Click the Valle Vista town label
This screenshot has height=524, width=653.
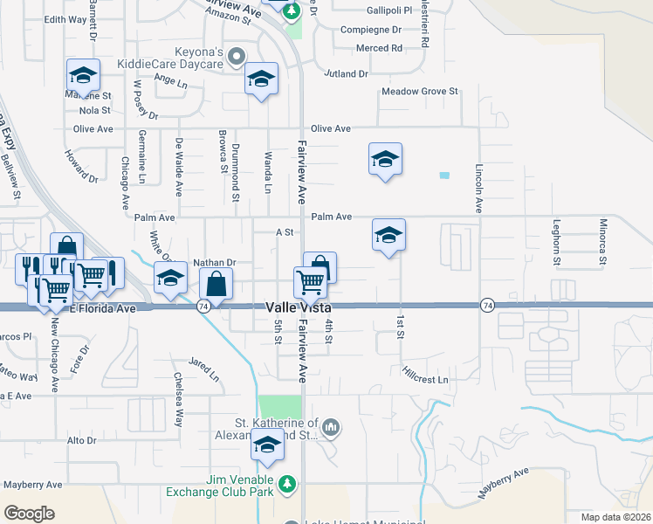click(x=297, y=308)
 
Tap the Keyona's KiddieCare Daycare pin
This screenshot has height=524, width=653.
click(x=237, y=58)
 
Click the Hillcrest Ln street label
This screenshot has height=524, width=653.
click(x=425, y=380)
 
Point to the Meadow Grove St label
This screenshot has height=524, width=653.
click(x=420, y=92)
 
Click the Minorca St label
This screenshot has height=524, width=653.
click(x=602, y=242)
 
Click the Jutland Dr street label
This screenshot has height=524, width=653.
click(x=347, y=74)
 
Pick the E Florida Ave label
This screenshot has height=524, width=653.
click(x=103, y=308)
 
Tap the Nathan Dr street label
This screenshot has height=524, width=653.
click(x=215, y=261)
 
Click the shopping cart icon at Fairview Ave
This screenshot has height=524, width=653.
click(x=310, y=281)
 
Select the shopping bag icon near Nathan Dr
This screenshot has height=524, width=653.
click(x=216, y=283)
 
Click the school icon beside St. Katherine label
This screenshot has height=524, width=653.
click(x=267, y=446)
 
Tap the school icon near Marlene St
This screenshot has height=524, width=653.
click(x=83, y=75)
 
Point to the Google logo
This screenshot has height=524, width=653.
click(x=29, y=514)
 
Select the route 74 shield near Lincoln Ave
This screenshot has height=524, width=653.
click(x=488, y=304)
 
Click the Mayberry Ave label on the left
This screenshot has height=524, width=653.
click(x=32, y=484)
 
